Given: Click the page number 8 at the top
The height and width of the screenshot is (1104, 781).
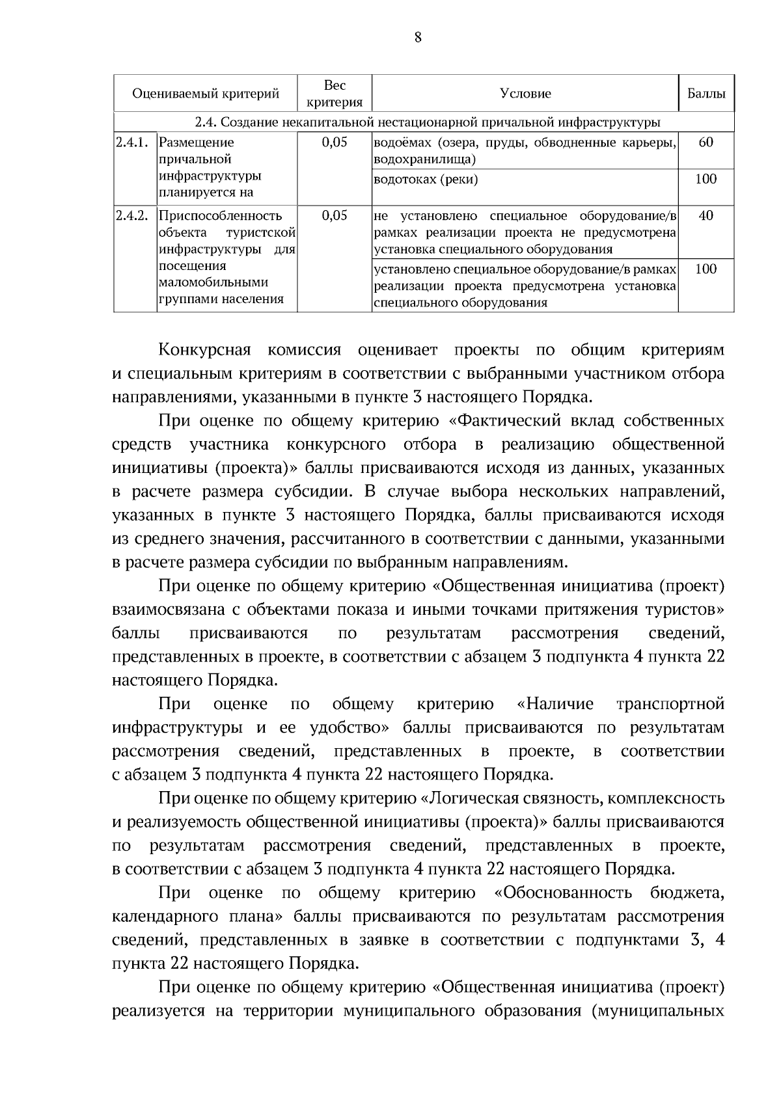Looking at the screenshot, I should [x=418, y=37].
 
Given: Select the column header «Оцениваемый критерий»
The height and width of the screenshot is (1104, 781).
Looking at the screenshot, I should [x=206, y=94].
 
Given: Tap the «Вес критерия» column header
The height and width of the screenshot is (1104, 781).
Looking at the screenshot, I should [x=335, y=94].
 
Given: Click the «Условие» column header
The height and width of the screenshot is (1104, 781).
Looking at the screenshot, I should [x=525, y=94].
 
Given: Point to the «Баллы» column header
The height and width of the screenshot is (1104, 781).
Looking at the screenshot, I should [x=706, y=94].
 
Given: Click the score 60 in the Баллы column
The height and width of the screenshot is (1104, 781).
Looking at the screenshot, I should [x=706, y=142].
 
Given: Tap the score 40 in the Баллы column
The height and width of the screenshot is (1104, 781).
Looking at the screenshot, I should [x=706, y=215].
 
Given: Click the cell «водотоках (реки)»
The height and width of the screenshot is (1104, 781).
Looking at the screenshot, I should [x=426, y=180].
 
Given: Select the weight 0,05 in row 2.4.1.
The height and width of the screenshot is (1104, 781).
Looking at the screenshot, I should [x=335, y=142].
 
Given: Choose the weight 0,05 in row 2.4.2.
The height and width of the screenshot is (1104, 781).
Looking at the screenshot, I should [x=335, y=215].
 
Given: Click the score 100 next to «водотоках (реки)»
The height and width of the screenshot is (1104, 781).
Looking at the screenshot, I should [x=706, y=179].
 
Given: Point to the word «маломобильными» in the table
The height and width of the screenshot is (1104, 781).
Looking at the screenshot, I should [x=213, y=282].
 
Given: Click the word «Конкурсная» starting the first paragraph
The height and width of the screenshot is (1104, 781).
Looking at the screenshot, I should [x=205, y=350].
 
